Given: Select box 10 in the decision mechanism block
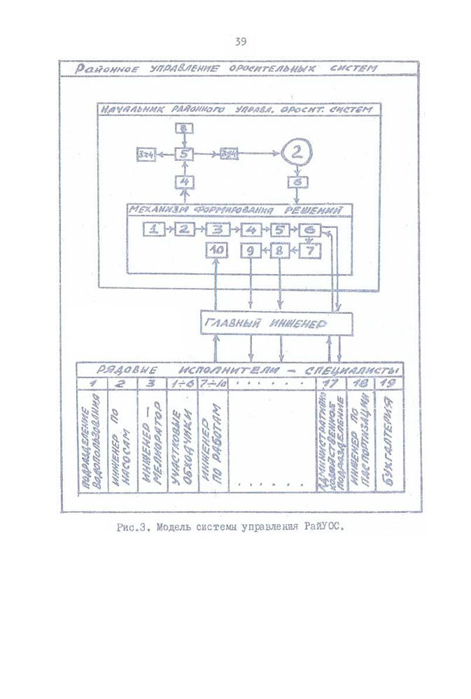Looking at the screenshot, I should pyautogui.click(x=217, y=250).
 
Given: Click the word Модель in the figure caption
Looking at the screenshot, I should pyautogui.click(x=177, y=527).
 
